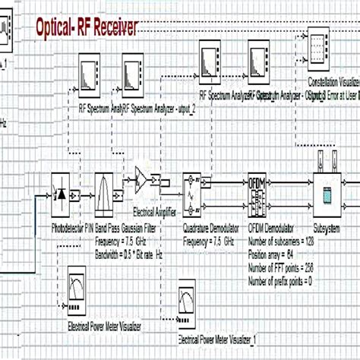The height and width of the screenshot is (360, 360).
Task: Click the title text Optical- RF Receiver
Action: pos(87,28)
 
